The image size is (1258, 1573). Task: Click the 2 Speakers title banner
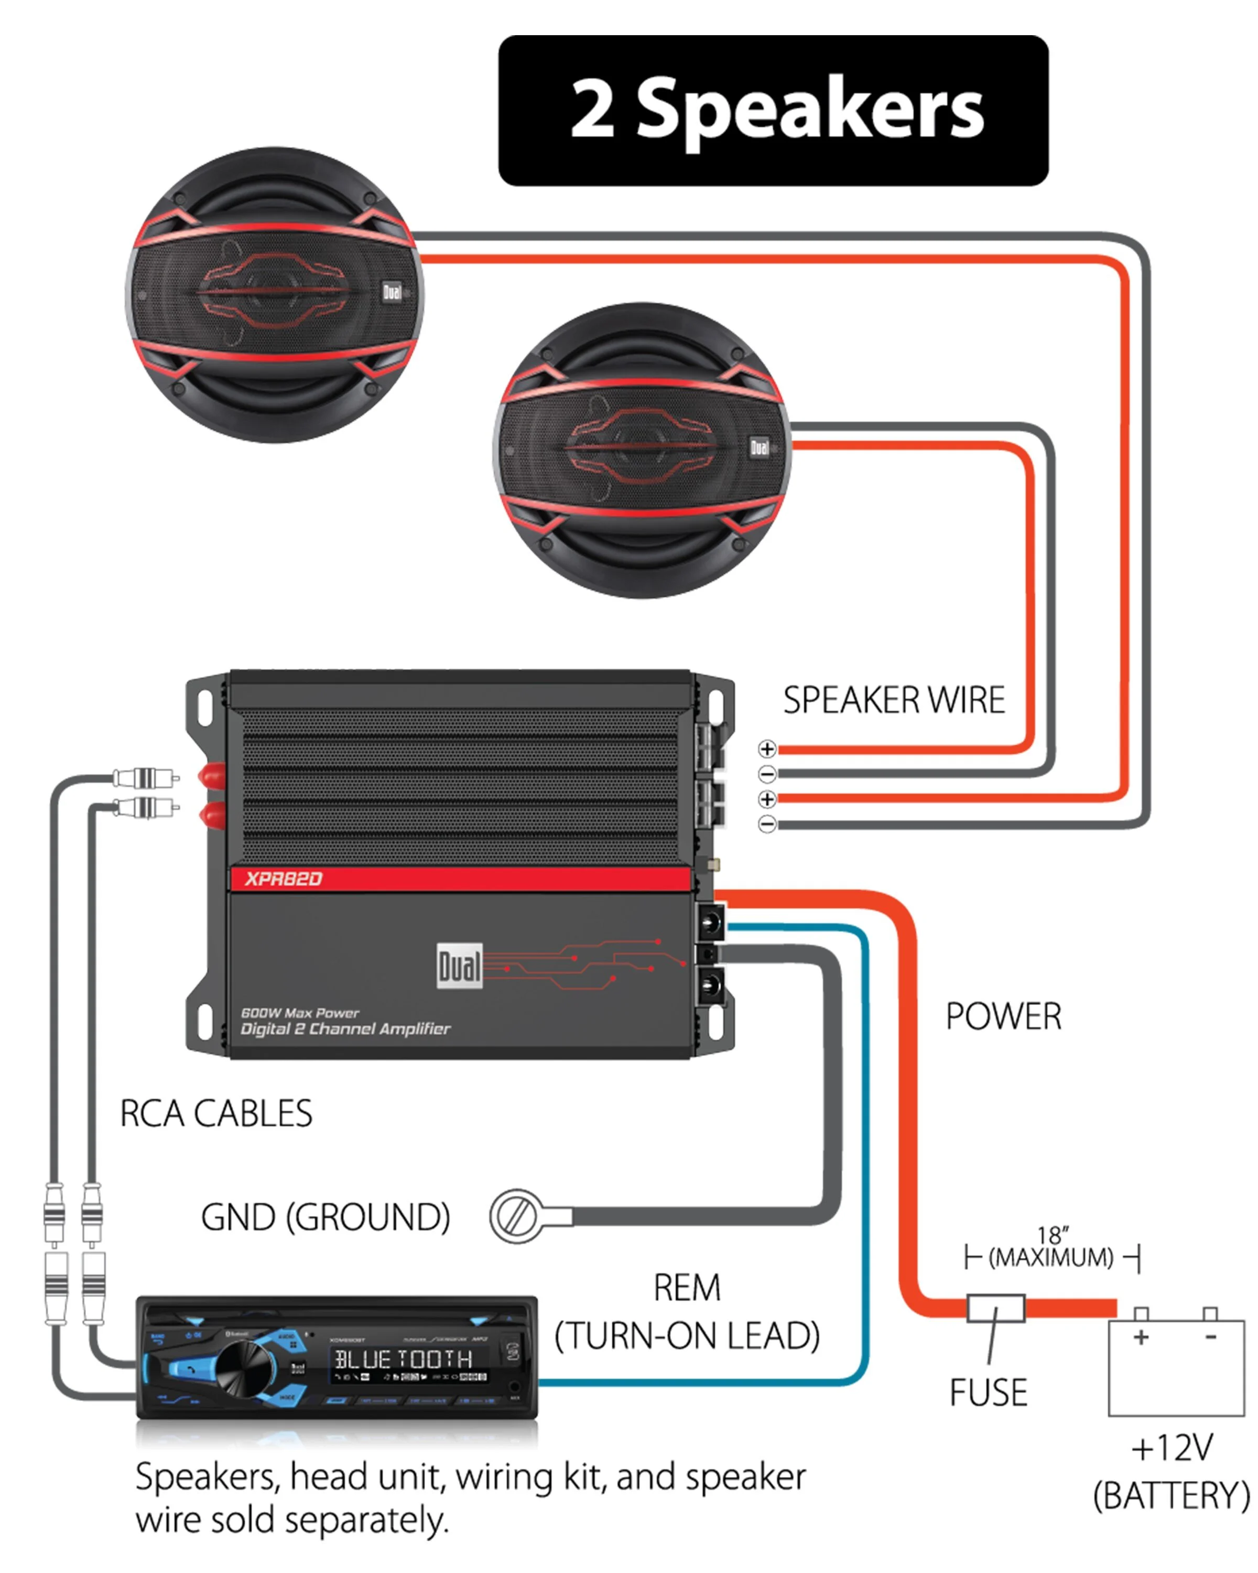coord(773,110)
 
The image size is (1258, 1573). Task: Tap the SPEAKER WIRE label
coord(893,700)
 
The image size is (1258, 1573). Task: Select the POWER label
coord(1003,1016)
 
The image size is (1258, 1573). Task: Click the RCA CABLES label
coord(216,1114)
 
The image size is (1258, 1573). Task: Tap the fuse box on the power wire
coord(995,1308)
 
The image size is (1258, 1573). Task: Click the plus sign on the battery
coord(1141,1337)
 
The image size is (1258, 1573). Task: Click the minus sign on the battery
coord(1211,1337)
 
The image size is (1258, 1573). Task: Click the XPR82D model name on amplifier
coord(283,879)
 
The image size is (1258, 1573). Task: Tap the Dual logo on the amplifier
coord(460,967)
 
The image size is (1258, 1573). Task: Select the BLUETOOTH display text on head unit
coord(403,1358)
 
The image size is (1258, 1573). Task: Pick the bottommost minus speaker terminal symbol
coord(766,825)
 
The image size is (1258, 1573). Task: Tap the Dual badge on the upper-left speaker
coord(392,293)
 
